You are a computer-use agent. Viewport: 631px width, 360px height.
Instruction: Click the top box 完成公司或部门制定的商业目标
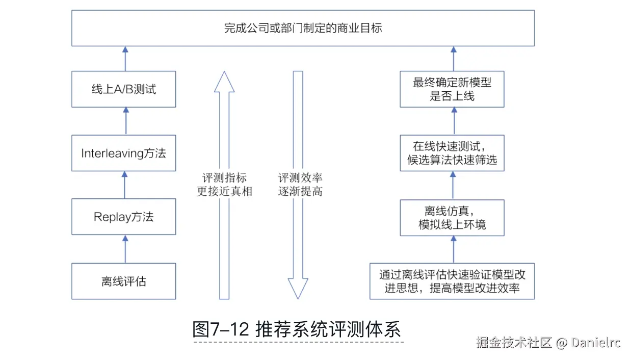[x=303, y=29]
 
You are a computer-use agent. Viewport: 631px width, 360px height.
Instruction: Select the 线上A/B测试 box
[x=123, y=89]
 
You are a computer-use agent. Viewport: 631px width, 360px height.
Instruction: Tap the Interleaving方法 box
[x=123, y=153]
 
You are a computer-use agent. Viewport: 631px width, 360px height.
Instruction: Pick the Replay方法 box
[x=123, y=217]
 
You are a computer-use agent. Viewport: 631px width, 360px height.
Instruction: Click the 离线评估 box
[x=123, y=281]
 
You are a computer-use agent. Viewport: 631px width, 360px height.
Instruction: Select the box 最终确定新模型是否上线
[x=452, y=89]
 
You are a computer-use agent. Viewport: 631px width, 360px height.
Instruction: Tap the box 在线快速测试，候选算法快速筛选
[x=452, y=153]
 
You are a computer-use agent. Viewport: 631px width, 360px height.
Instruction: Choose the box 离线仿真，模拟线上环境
[x=452, y=217]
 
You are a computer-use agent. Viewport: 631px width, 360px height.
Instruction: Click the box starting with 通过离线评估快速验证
[x=452, y=281]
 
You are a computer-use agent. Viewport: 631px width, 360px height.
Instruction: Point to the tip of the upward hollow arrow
[x=224, y=73]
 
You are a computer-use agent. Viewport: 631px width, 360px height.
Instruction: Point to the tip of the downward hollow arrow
[x=298, y=297]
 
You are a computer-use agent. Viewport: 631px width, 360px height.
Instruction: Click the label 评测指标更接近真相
[x=224, y=185]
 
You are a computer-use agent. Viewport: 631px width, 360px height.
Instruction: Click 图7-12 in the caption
[x=221, y=329]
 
